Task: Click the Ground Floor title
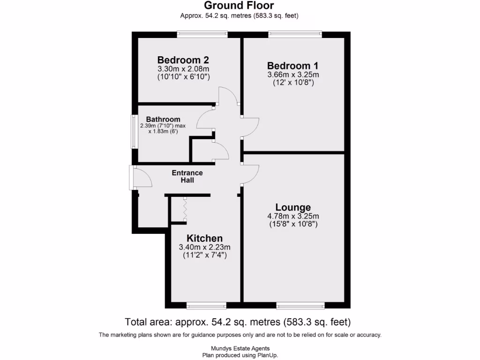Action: click(x=239, y=6)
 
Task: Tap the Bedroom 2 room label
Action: click(x=183, y=60)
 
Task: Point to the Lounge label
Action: click(x=293, y=207)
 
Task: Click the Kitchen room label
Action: click(x=204, y=238)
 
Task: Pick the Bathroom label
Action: click(x=163, y=120)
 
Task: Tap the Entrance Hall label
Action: click(x=187, y=177)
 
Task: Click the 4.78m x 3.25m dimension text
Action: click(x=293, y=216)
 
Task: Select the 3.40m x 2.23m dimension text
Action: click(x=204, y=247)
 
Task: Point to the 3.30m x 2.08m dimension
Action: click(x=183, y=68)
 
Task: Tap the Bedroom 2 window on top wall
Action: click(x=202, y=34)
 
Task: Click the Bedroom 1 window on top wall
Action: click(x=295, y=34)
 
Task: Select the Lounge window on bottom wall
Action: click(x=300, y=306)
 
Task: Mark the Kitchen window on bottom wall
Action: click(x=206, y=306)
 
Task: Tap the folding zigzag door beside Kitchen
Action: click(x=185, y=209)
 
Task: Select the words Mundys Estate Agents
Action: click(x=240, y=348)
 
